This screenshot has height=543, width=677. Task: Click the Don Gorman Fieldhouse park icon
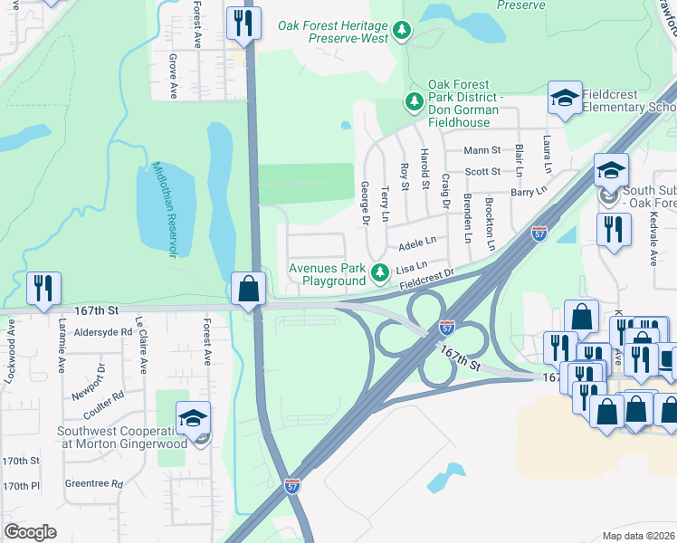[414, 101]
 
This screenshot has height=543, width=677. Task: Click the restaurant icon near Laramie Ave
[43, 288]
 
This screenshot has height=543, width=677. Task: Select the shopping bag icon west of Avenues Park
[248, 290]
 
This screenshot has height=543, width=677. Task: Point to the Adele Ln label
[417, 243]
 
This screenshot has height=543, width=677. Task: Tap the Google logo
[30, 532]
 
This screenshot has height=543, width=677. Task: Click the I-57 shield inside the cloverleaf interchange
[446, 326]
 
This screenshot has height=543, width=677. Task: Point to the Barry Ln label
[529, 191]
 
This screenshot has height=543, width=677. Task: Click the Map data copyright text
[637, 536]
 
